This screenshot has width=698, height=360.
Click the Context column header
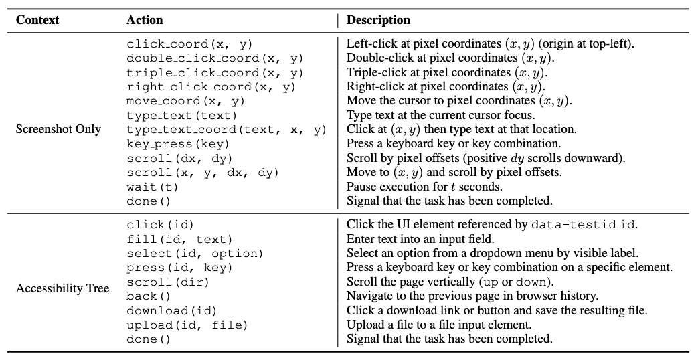coord(37,20)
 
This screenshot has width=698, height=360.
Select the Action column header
coord(145,20)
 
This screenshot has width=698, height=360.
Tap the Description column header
coord(378,20)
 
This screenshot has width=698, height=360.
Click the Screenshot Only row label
coord(58,129)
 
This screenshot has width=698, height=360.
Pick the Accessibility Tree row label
coord(62,288)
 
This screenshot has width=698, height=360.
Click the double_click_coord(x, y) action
coord(215,58)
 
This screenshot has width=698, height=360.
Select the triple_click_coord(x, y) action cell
coord(215,72)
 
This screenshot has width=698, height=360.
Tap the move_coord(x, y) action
coord(185,101)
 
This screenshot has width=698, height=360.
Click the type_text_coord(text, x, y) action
coord(226,129)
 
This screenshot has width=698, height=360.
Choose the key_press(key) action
coord(178,143)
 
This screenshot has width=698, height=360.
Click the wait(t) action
coord(152,187)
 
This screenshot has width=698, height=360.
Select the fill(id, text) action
coord(179,239)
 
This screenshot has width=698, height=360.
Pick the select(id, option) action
coord(195,253)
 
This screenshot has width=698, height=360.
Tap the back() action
coord(149,296)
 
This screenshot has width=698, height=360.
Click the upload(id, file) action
coord(187,325)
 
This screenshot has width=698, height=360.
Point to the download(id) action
coord(171,310)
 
